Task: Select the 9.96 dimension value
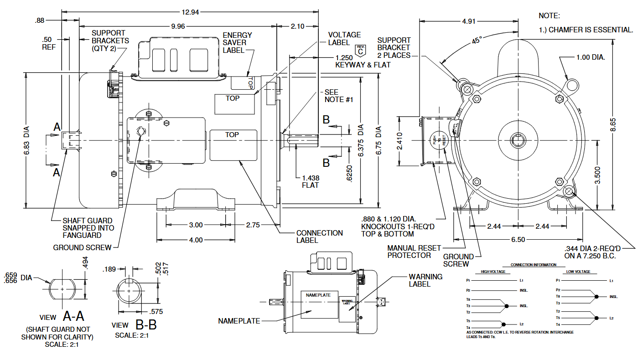coord(178,26)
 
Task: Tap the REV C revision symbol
coord(361,50)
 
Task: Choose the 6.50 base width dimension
coord(519,239)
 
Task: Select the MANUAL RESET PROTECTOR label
coord(414,252)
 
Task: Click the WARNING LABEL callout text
coord(425,280)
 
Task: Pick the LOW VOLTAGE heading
coord(579,272)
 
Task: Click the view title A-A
coord(73,316)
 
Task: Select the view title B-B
coord(146,324)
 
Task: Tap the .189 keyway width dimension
coord(109,269)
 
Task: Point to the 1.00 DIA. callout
coord(591,58)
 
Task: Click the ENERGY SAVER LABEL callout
coord(237,42)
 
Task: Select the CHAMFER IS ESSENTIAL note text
coord(591,30)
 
